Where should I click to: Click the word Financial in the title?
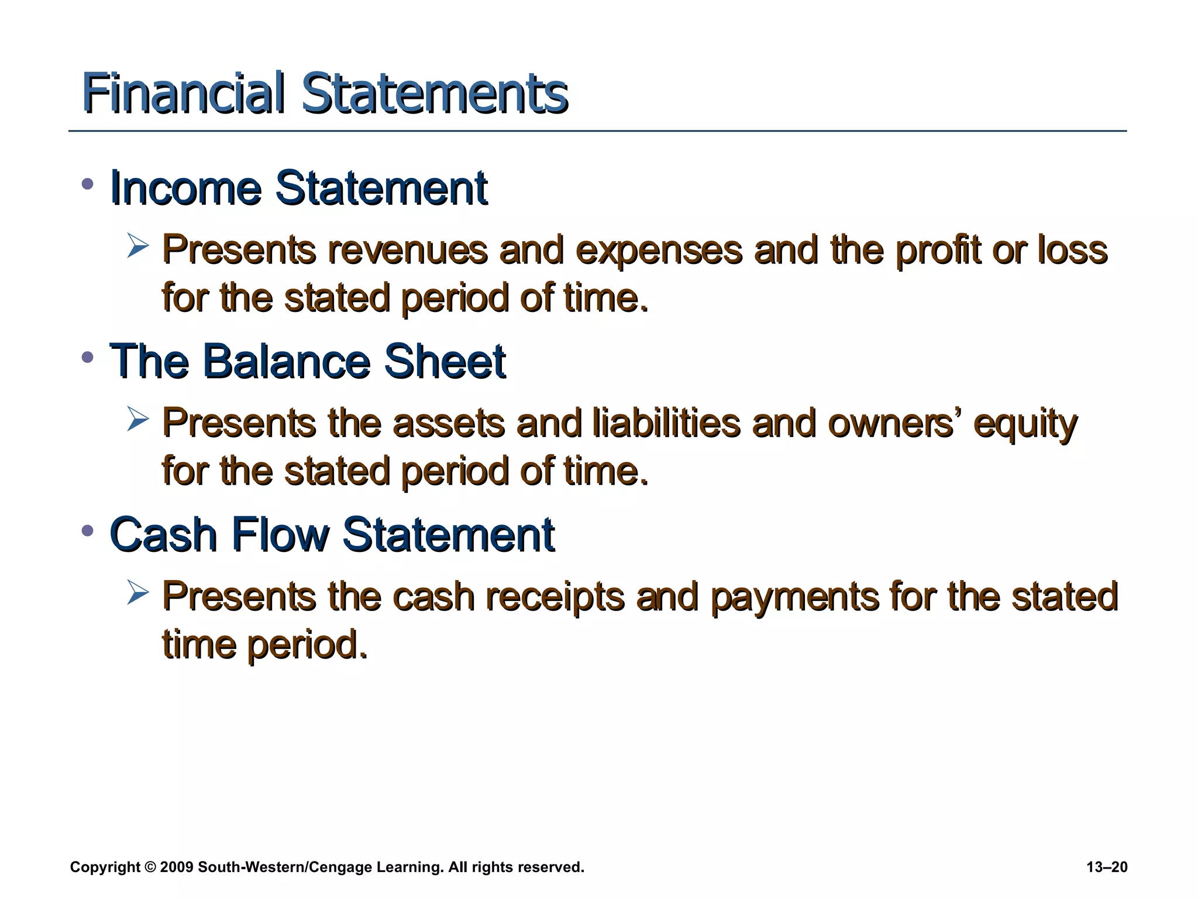coord(183,94)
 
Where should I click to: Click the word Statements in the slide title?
coord(435,94)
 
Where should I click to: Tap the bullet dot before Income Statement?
coord(88,184)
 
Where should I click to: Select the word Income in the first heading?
coord(185,188)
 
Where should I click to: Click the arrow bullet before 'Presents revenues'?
coord(138,246)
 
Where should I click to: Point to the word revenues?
coord(407,250)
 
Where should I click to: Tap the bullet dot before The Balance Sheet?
coord(88,358)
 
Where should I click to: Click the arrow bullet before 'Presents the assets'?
coord(138,419)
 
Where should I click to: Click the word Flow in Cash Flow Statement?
coord(280,534)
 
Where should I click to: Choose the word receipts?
coord(555,598)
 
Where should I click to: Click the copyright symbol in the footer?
coord(150,867)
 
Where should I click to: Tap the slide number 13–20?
coord(1107,867)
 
